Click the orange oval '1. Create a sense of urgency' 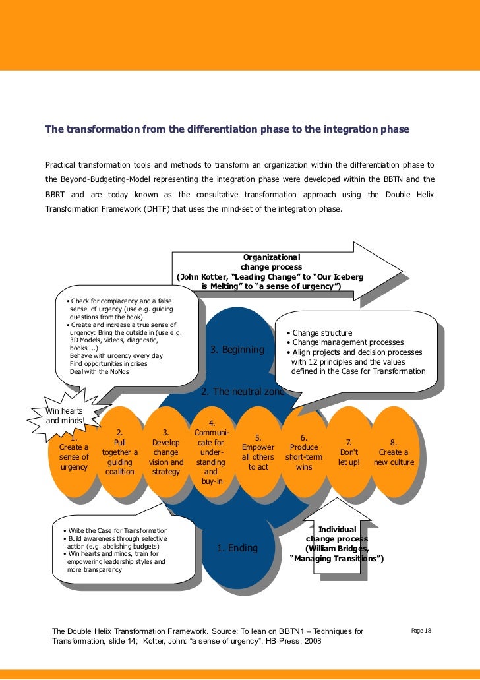74,455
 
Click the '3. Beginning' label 237,350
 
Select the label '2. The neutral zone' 243,392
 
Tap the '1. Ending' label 237,548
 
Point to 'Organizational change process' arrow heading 272,262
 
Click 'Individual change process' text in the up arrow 337,534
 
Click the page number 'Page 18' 421,631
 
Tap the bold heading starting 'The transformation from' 227,129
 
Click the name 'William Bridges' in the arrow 337,549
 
